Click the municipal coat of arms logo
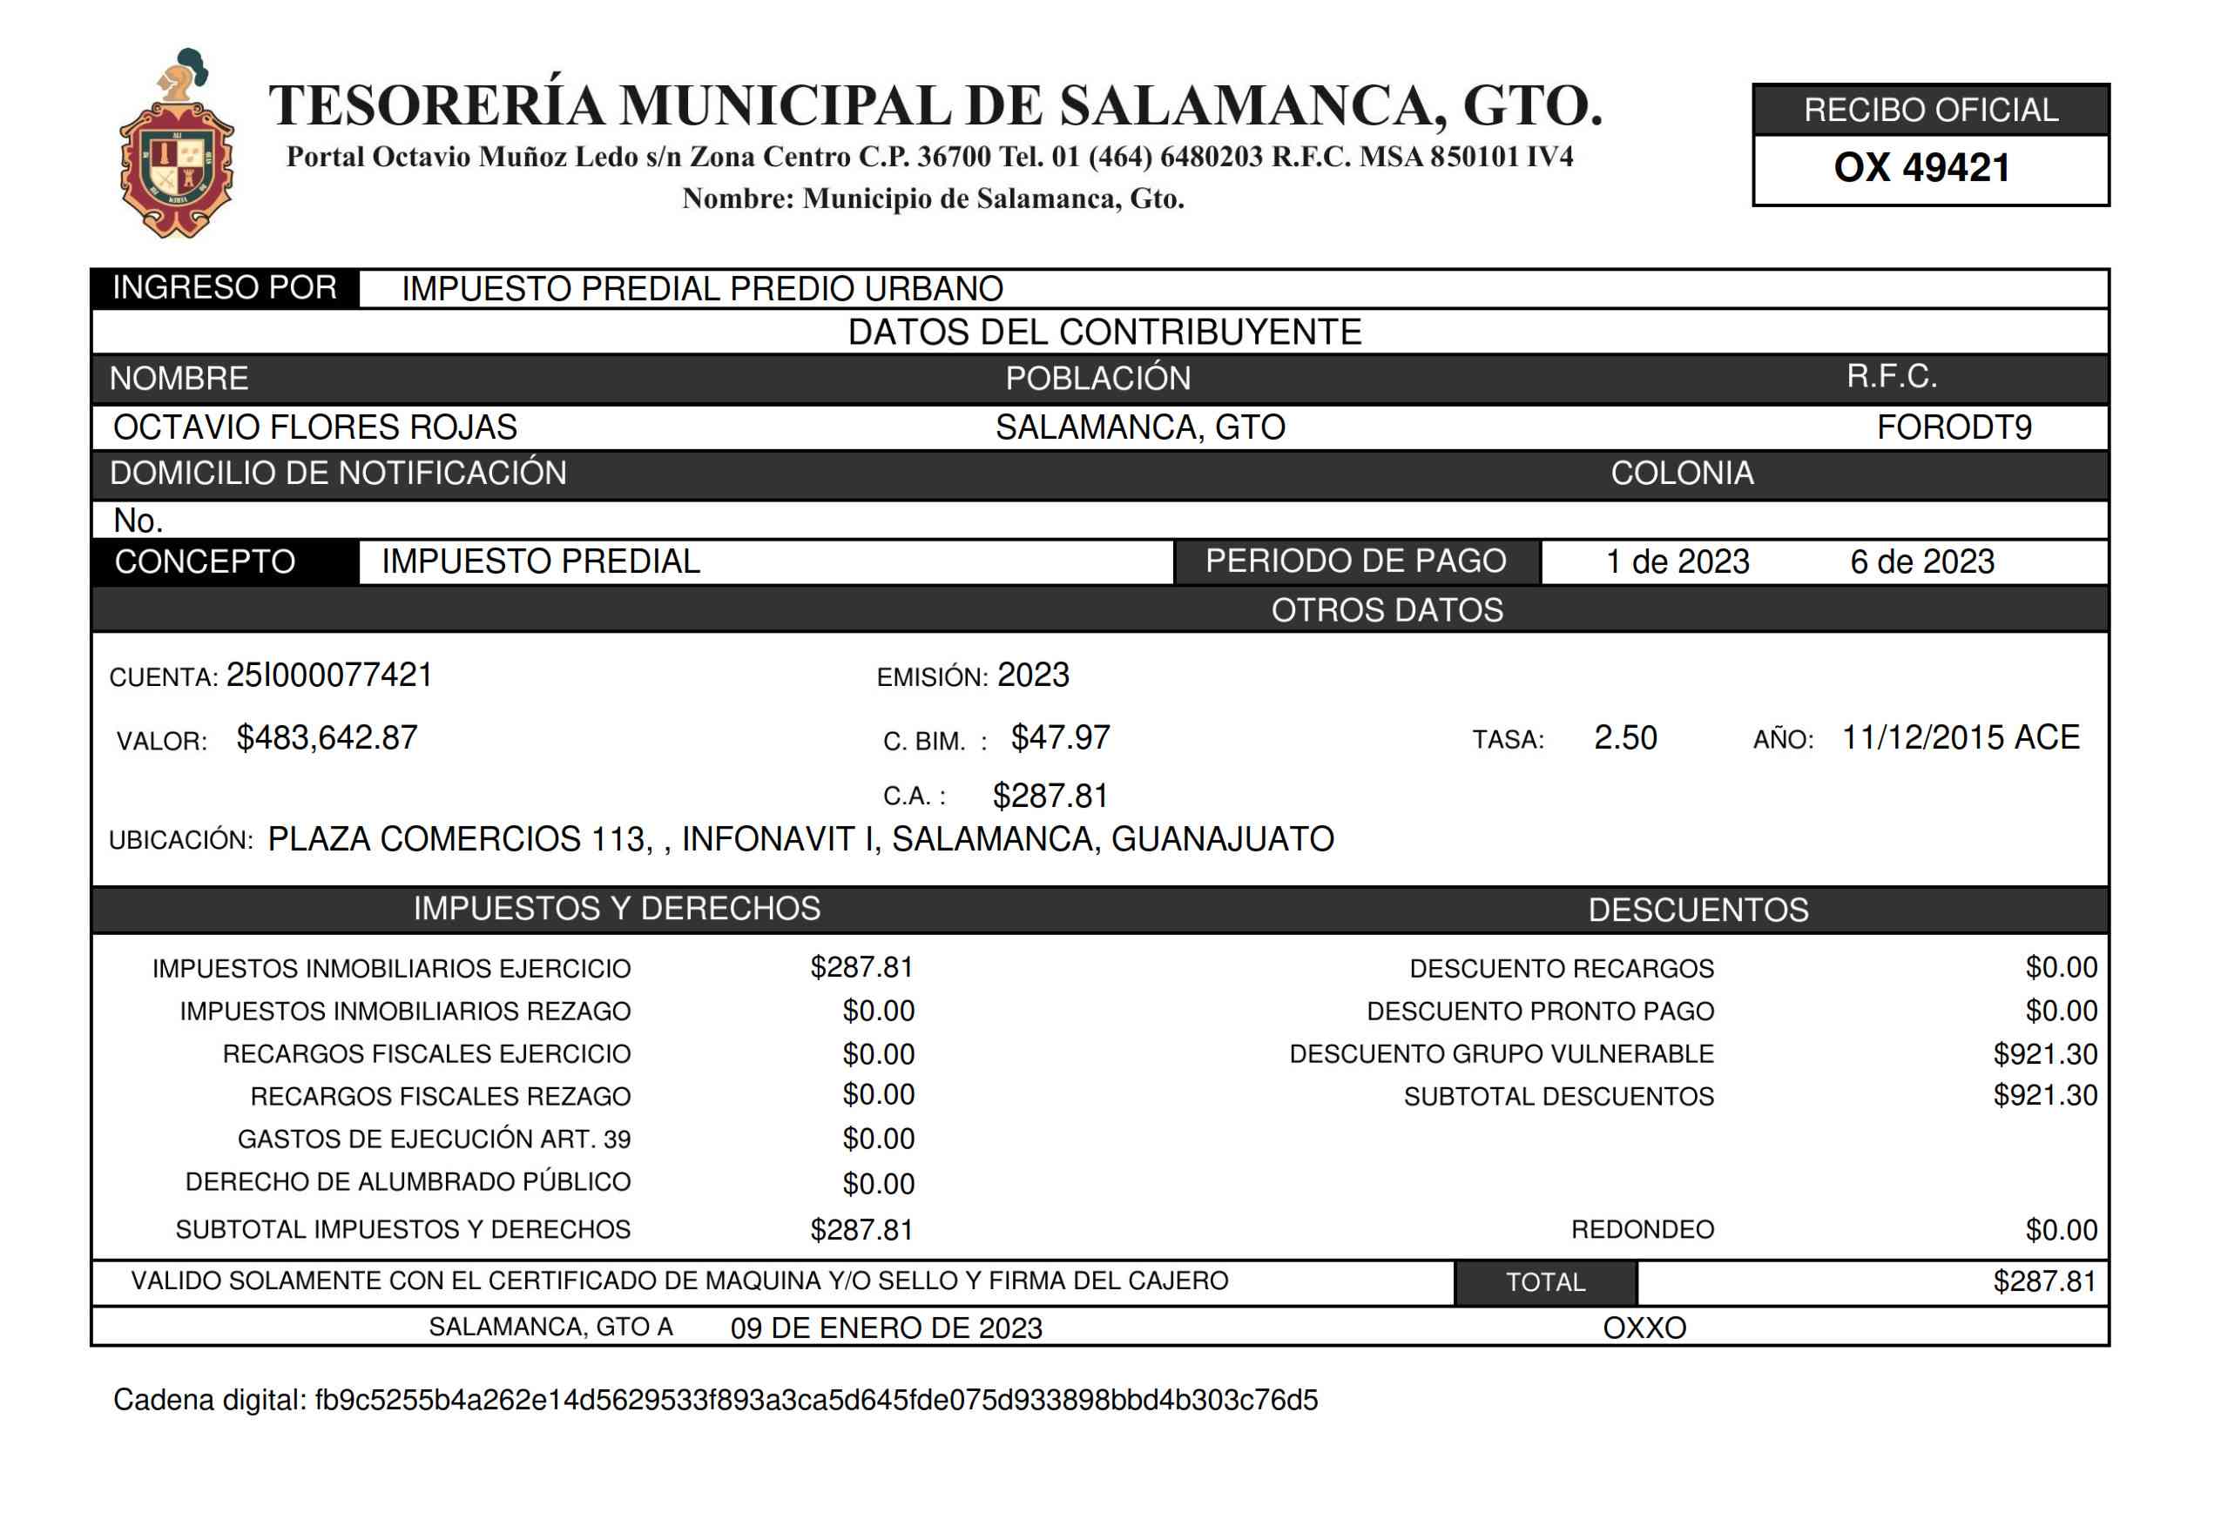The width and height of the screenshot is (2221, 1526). (x=176, y=145)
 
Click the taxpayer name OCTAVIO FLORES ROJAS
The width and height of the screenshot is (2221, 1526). (x=314, y=427)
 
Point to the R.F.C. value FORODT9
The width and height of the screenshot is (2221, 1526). (x=1954, y=427)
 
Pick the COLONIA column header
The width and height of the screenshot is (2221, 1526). (x=1682, y=474)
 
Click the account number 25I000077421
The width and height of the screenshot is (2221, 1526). (x=329, y=675)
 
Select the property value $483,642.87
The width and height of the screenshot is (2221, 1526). (x=327, y=738)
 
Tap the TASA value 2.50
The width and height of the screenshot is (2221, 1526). (x=1624, y=738)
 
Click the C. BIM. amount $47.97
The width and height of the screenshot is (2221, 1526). (x=1060, y=738)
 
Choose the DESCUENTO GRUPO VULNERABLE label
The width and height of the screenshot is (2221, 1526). (x=1501, y=1053)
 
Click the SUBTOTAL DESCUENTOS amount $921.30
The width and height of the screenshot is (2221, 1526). (x=2044, y=1096)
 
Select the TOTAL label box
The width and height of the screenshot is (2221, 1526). (x=1545, y=1282)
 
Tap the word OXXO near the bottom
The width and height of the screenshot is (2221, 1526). (x=1644, y=1328)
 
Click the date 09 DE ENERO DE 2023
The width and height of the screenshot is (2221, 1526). (x=886, y=1328)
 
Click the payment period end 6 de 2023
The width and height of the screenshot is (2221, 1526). (x=1921, y=561)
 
